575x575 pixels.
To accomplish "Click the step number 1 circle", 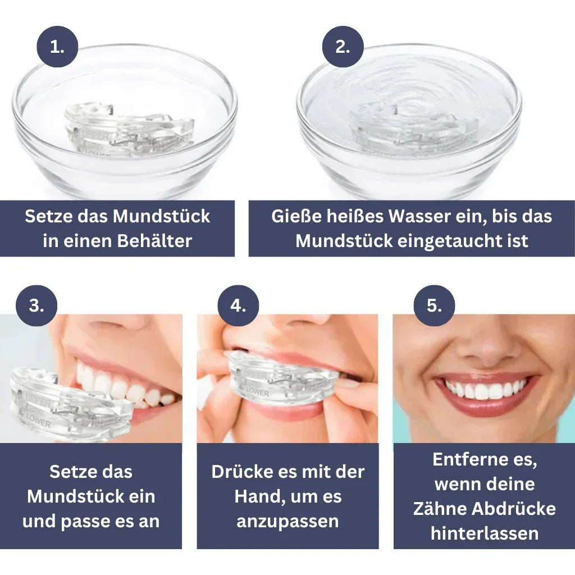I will tap(57, 47).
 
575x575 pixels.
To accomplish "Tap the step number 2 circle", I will tap(343, 47).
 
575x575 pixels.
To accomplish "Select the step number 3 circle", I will tap(36, 306).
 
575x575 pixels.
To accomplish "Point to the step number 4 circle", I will tap(238, 306).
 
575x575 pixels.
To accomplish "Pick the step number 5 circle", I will tap(434, 306).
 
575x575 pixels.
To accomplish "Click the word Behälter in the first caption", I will tap(154, 241).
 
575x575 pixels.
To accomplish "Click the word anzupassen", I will tap(287, 521).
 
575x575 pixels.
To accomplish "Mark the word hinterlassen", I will tap(485, 533).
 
